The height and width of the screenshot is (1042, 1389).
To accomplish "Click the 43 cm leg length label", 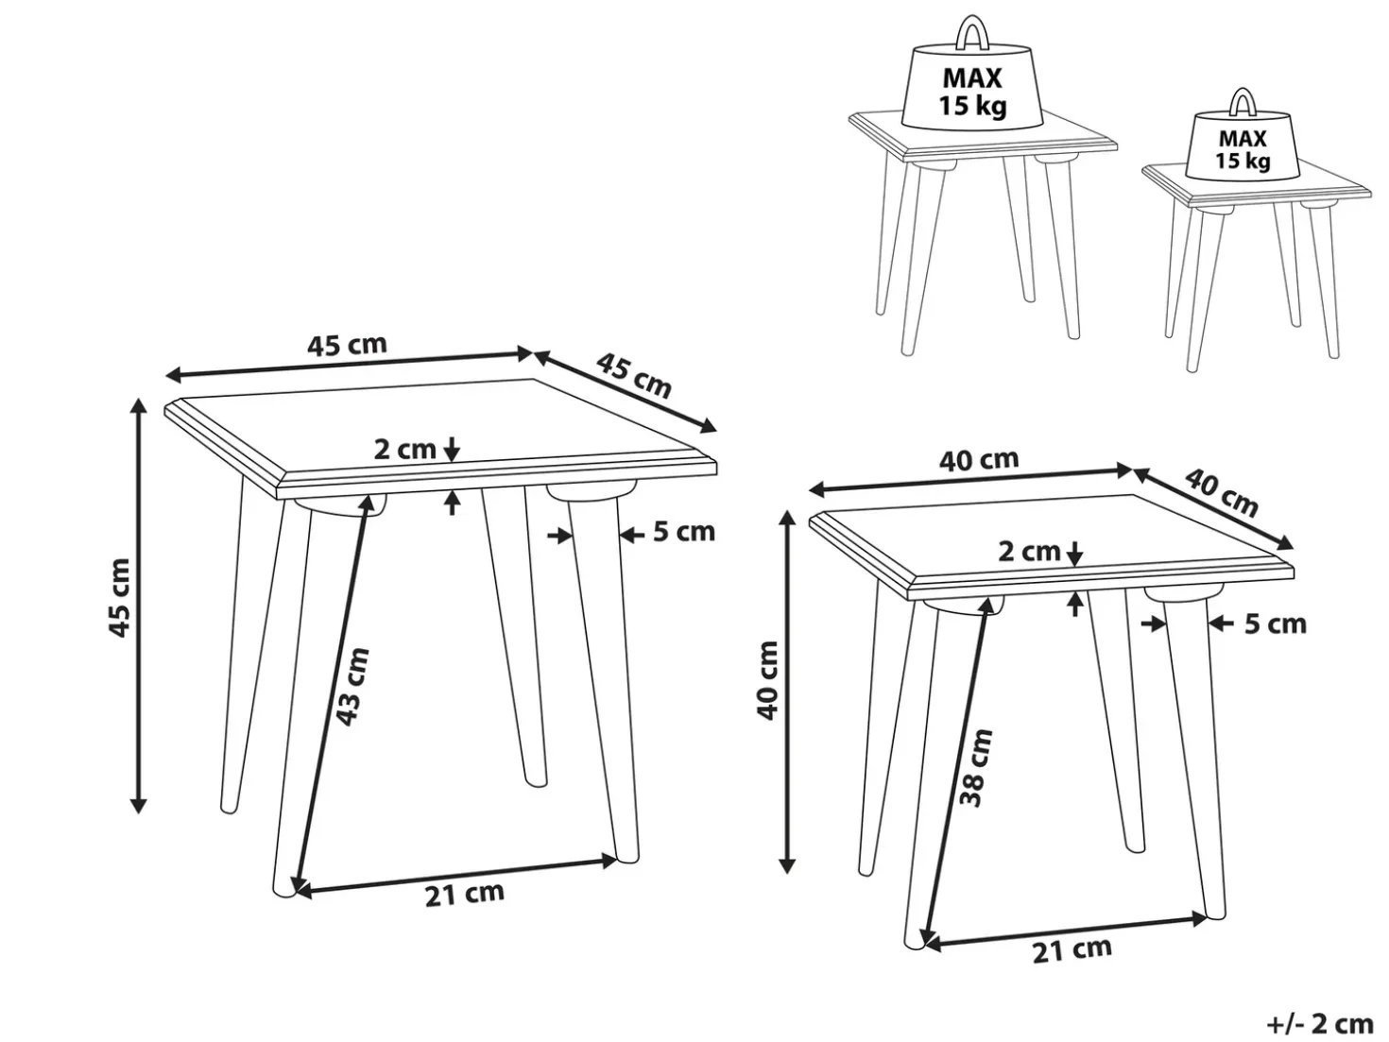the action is click(352, 686).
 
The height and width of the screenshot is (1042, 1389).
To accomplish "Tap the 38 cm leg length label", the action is click(975, 767).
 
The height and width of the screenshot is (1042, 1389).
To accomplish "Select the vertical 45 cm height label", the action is click(119, 597).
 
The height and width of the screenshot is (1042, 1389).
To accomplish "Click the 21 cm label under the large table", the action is click(465, 894).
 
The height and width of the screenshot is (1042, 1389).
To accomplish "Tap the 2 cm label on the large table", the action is click(405, 449).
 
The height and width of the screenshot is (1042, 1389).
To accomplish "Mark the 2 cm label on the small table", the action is click(1029, 552).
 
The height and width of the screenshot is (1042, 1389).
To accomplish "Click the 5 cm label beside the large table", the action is click(684, 532).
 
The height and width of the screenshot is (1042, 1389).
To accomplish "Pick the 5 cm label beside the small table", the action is click(1276, 624).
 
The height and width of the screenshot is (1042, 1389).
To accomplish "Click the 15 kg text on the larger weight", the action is click(972, 105).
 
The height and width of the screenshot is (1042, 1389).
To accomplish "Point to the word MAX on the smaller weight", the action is click(1243, 139).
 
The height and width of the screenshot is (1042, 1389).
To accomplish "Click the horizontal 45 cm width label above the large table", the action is click(347, 345).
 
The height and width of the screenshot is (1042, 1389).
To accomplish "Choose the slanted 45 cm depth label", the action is click(634, 376).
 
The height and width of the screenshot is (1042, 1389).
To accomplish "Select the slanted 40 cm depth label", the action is click(1222, 492).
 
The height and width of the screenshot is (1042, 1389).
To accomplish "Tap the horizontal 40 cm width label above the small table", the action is click(978, 460).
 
